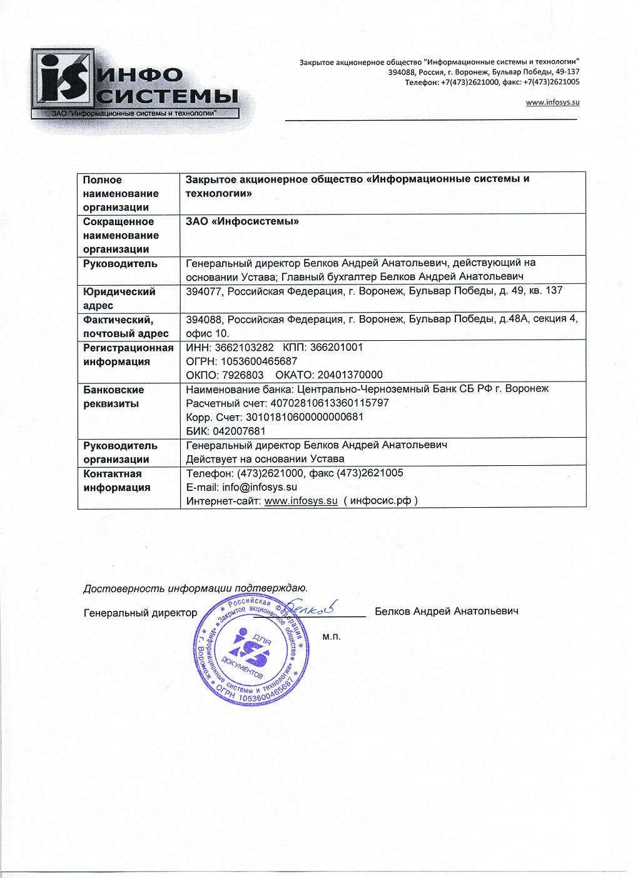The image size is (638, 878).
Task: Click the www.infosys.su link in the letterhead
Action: click(552, 103)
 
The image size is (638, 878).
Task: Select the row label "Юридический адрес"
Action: click(119, 298)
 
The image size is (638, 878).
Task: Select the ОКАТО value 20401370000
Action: click(350, 375)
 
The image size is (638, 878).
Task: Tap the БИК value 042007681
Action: click(239, 431)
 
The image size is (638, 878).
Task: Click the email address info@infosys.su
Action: click(259, 487)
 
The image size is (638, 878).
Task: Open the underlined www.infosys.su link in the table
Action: click(301, 501)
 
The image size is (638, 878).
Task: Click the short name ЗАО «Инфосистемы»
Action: click(242, 221)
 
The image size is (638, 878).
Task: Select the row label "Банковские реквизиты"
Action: click(113, 396)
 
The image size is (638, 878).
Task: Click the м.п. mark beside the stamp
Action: click(332, 637)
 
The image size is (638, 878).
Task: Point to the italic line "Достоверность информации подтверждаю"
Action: click(195, 588)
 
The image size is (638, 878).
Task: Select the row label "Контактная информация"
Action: click(116, 480)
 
